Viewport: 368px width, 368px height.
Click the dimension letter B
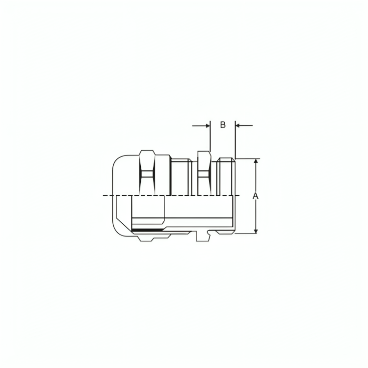(x=223, y=125)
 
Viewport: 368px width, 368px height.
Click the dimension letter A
(x=255, y=196)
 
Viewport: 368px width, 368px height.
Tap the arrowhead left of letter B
(x=208, y=126)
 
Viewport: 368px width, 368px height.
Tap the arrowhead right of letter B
(x=237, y=126)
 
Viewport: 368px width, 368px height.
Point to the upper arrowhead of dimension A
(x=256, y=161)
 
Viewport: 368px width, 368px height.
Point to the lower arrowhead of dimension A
(x=256, y=231)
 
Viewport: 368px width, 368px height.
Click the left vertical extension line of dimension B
(x=210, y=136)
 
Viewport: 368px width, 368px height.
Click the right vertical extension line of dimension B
(x=235, y=140)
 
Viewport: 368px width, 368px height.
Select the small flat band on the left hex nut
(x=147, y=174)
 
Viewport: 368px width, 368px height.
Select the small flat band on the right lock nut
(x=204, y=174)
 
